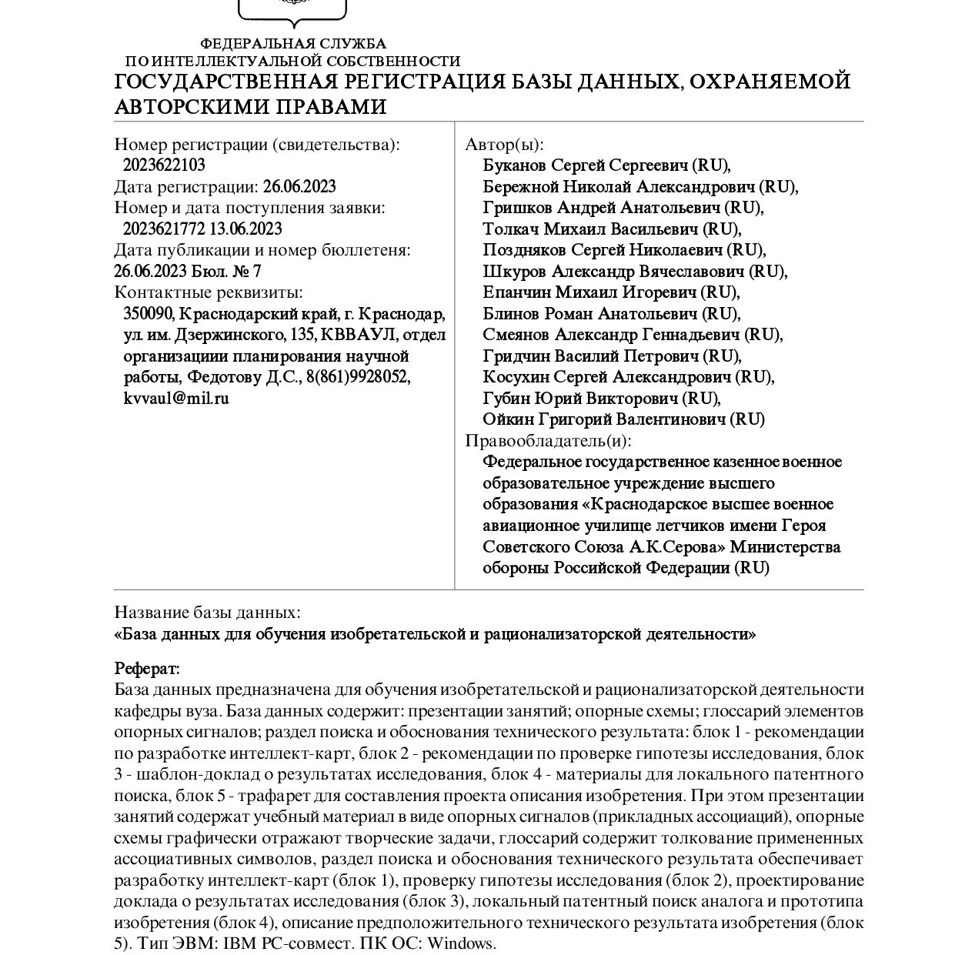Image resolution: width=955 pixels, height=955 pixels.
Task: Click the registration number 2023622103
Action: (x=164, y=165)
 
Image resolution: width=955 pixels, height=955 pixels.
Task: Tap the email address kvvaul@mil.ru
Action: (x=176, y=399)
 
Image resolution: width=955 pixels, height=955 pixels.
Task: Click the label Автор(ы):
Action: (x=504, y=145)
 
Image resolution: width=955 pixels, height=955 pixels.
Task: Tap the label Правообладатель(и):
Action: (x=548, y=441)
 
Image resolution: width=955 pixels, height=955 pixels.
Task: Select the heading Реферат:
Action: (x=147, y=668)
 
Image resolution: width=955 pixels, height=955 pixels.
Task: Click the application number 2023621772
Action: (x=164, y=229)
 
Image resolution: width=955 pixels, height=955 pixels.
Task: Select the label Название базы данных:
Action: (x=207, y=613)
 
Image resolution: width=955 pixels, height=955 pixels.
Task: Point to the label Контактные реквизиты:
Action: (x=209, y=292)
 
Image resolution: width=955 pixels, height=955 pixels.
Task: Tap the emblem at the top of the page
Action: (x=292, y=9)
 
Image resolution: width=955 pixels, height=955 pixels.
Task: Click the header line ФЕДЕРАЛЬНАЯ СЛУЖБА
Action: (x=293, y=44)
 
